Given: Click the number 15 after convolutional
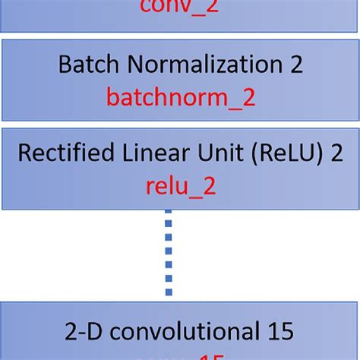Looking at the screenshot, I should tap(278, 332).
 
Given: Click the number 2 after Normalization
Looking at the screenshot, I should tap(296, 65).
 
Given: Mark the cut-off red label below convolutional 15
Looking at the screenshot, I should tap(180, 357).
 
